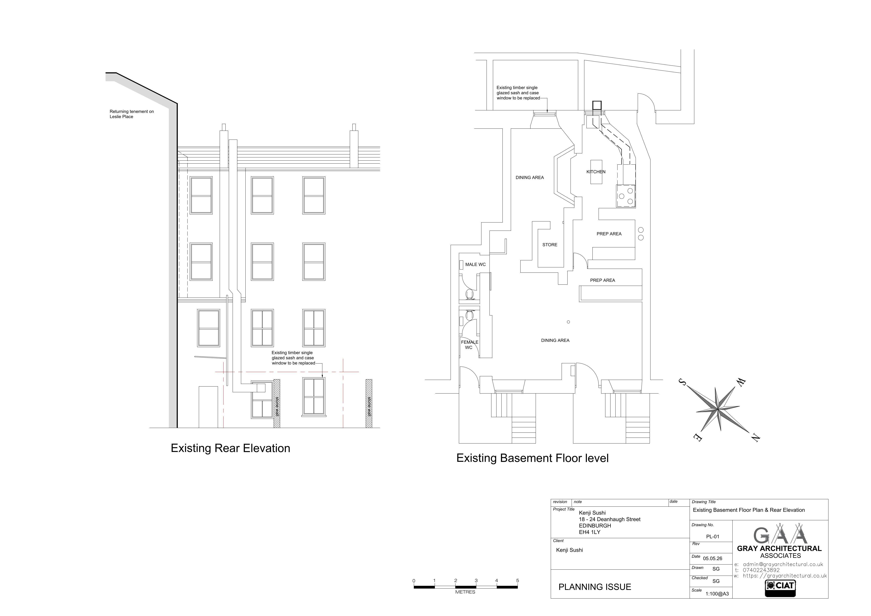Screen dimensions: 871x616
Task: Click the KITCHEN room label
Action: (x=596, y=172)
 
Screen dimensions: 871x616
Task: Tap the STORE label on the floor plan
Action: (x=550, y=245)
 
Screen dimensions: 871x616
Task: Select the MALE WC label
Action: (x=475, y=265)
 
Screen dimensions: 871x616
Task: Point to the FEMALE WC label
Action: (x=469, y=345)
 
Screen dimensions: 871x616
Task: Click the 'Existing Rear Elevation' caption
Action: (x=230, y=448)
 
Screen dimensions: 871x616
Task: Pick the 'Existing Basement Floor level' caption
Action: (x=532, y=458)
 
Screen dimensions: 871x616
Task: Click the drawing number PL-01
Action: (x=712, y=537)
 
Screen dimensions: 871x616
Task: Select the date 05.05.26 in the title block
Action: (x=712, y=558)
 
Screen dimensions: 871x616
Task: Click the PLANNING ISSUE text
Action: (x=595, y=587)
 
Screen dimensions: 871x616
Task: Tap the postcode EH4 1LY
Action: (x=589, y=532)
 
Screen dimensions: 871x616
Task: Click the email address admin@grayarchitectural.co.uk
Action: (x=783, y=564)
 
